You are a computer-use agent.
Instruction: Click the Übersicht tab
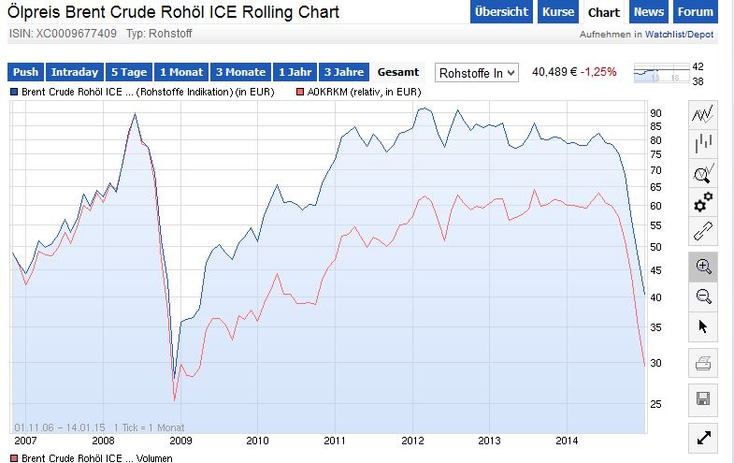(500, 12)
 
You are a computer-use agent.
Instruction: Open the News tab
(648, 12)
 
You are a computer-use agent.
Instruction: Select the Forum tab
(695, 12)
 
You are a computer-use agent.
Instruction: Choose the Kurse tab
(558, 12)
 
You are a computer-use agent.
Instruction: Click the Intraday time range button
(74, 72)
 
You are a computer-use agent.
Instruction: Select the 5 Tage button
(129, 72)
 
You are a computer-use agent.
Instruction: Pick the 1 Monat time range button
(181, 72)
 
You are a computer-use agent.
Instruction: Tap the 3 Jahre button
(342, 72)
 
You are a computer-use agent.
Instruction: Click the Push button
(25, 72)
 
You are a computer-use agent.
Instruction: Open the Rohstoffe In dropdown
(478, 72)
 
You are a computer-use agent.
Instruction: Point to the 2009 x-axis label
(180, 439)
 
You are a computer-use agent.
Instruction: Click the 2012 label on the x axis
(412, 439)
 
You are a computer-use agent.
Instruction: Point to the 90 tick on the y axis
(655, 113)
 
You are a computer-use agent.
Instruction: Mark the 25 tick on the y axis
(655, 403)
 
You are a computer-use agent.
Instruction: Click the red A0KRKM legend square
(299, 93)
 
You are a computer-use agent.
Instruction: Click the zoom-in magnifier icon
(703, 267)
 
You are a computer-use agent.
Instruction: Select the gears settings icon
(703, 202)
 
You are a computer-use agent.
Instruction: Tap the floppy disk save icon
(703, 399)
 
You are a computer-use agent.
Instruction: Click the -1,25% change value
(598, 72)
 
